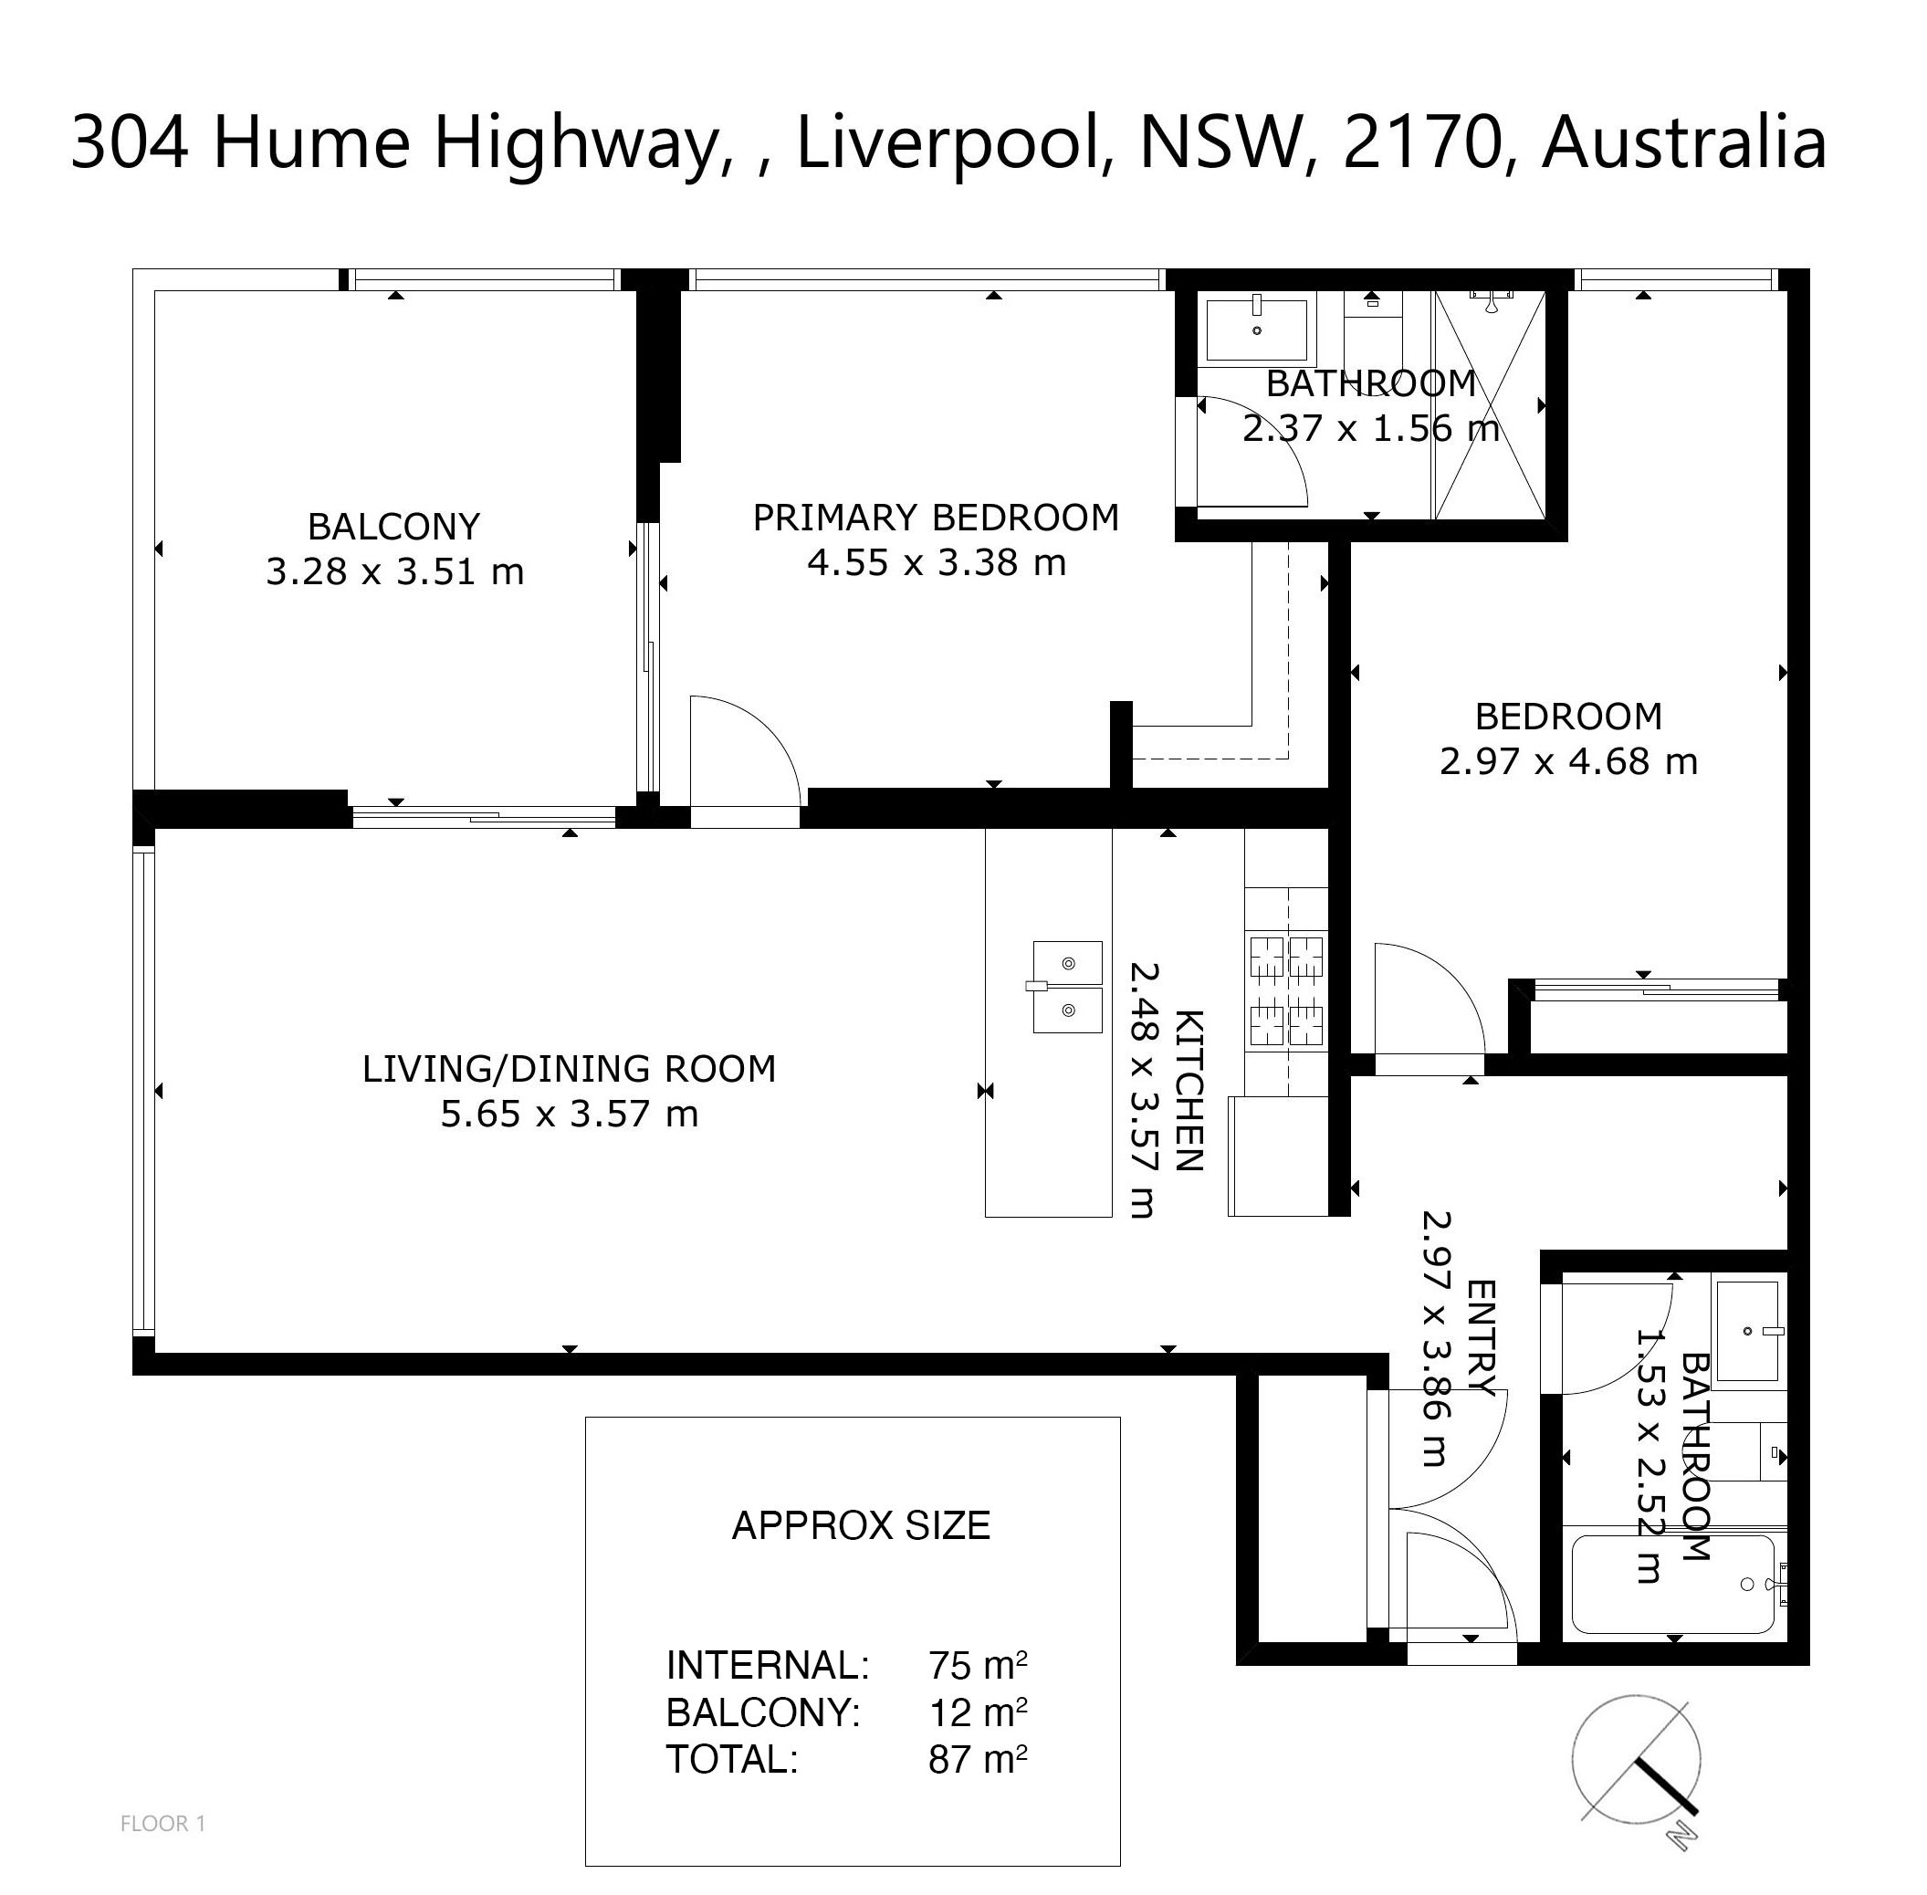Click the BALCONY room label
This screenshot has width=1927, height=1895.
tap(394, 526)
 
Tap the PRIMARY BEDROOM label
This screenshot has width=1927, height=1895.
tap(936, 518)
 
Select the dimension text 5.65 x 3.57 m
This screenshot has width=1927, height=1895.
tap(570, 1113)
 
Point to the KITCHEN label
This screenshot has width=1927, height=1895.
tap(1189, 1090)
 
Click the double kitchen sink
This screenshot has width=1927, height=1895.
tap(1067, 987)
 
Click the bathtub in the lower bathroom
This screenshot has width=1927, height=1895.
tap(1672, 1584)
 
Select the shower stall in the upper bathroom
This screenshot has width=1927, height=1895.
tap(1489, 404)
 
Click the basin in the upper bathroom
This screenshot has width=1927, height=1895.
tap(1257, 328)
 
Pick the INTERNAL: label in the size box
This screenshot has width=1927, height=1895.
tap(768, 1665)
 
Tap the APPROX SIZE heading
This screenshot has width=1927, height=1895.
tap(861, 1525)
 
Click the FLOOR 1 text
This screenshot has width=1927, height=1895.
tap(162, 1823)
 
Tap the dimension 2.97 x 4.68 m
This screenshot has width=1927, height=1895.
tap(1568, 761)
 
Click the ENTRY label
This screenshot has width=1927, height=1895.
tap(1482, 1339)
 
